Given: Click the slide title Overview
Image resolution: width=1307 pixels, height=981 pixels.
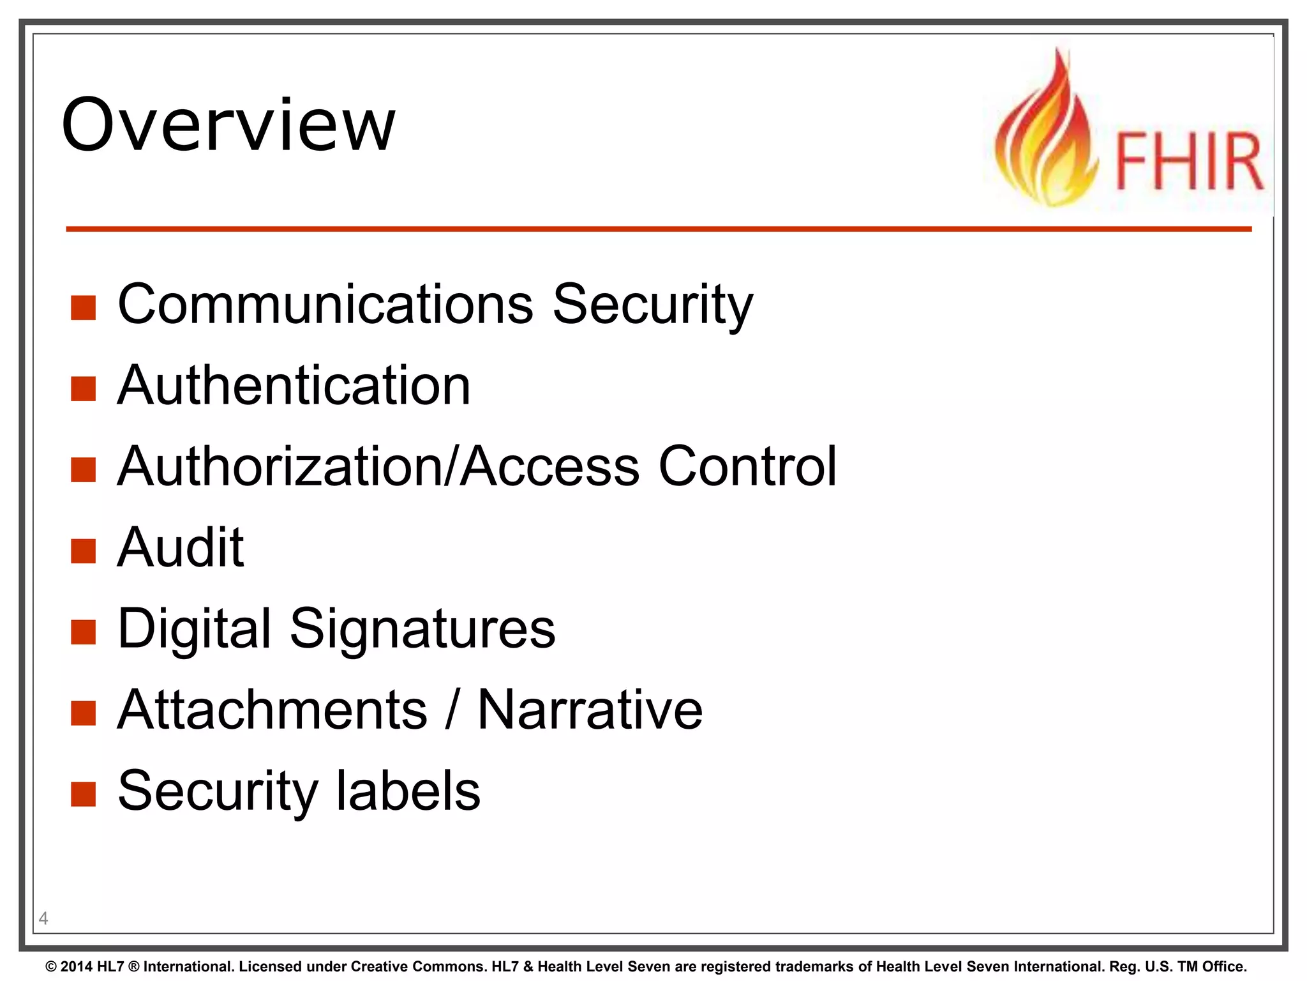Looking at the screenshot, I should point(228,125).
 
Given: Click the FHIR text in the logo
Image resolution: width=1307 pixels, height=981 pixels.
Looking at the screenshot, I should point(1188,162).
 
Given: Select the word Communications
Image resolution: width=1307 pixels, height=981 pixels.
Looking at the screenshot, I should point(325,304).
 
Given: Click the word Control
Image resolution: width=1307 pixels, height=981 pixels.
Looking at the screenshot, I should point(747,466).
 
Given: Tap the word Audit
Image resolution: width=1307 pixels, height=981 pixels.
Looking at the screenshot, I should point(180,547).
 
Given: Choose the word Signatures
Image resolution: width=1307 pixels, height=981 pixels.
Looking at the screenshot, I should point(422,628).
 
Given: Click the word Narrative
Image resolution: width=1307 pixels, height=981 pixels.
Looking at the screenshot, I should point(590,710).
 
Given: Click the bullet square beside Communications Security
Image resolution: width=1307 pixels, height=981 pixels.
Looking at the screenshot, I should point(83,307).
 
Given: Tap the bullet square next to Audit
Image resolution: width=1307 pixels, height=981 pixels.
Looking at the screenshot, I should point(83,551).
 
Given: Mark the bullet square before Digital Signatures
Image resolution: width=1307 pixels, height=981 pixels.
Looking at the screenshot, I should point(83,632).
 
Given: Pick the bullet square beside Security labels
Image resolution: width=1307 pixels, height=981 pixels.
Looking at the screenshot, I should point(83,794).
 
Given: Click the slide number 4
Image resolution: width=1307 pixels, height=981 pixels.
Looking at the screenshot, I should point(43,918).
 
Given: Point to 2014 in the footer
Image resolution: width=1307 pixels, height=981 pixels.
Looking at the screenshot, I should point(76,966).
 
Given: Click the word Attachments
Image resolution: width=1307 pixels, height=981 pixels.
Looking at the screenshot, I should point(272,710).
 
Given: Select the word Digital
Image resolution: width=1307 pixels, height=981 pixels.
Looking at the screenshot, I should point(194,630).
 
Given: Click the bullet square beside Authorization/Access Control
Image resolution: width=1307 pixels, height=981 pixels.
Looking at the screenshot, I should point(83,469).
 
